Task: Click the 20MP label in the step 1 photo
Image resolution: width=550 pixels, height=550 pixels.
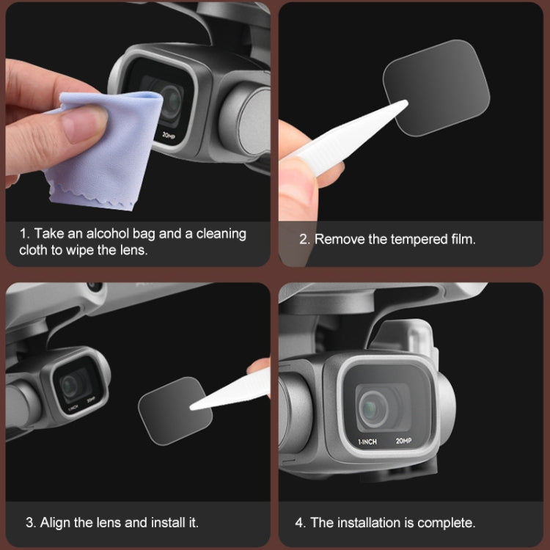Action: tap(169, 136)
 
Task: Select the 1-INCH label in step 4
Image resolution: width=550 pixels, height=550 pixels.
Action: tap(367, 442)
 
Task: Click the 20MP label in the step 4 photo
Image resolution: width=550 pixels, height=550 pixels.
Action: tap(403, 441)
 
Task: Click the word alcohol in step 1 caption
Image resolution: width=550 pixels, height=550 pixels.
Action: tap(106, 234)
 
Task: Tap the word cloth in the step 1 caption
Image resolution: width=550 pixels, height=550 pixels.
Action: tap(34, 249)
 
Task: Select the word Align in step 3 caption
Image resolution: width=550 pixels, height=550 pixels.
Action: tap(56, 523)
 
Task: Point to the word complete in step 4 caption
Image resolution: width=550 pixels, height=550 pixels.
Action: tap(447, 523)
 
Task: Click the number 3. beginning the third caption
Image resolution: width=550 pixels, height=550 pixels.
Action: tap(31, 523)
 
